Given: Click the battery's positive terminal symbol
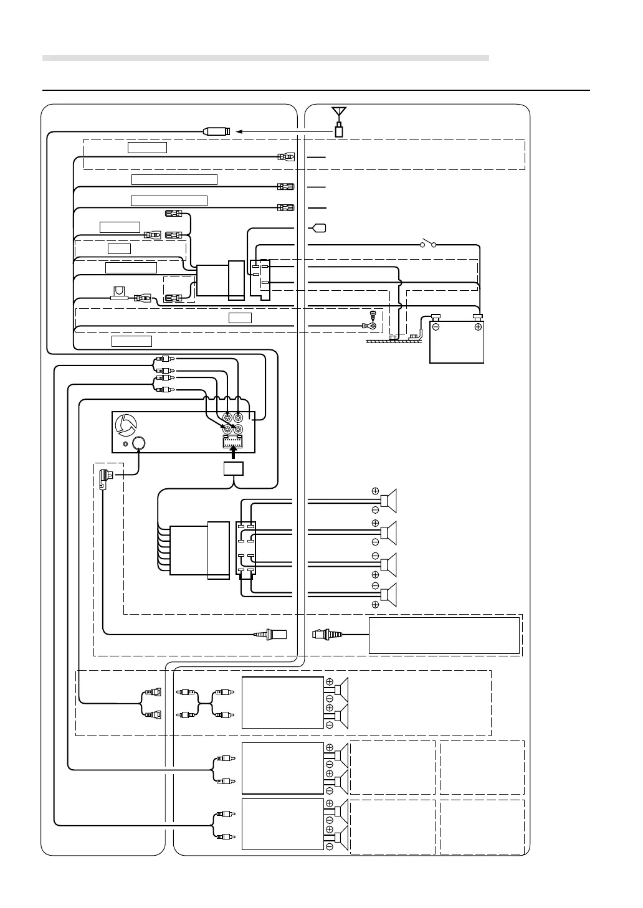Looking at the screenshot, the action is tap(478, 327).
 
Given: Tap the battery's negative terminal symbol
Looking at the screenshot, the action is tap(436, 327).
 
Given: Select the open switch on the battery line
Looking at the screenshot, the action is tap(427, 243).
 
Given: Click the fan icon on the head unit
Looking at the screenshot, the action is tap(126, 426).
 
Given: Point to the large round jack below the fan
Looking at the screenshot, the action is tap(140, 443).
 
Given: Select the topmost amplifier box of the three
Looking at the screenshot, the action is tap(282, 702).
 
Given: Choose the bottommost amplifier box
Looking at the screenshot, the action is tap(282, 824).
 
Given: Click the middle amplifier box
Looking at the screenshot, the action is tap(282, 768).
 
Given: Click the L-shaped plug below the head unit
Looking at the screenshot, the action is tap(104, 480).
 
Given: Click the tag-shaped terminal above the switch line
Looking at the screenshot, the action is tap(319, 228).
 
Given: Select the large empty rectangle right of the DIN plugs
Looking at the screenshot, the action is tap(444, 635).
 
